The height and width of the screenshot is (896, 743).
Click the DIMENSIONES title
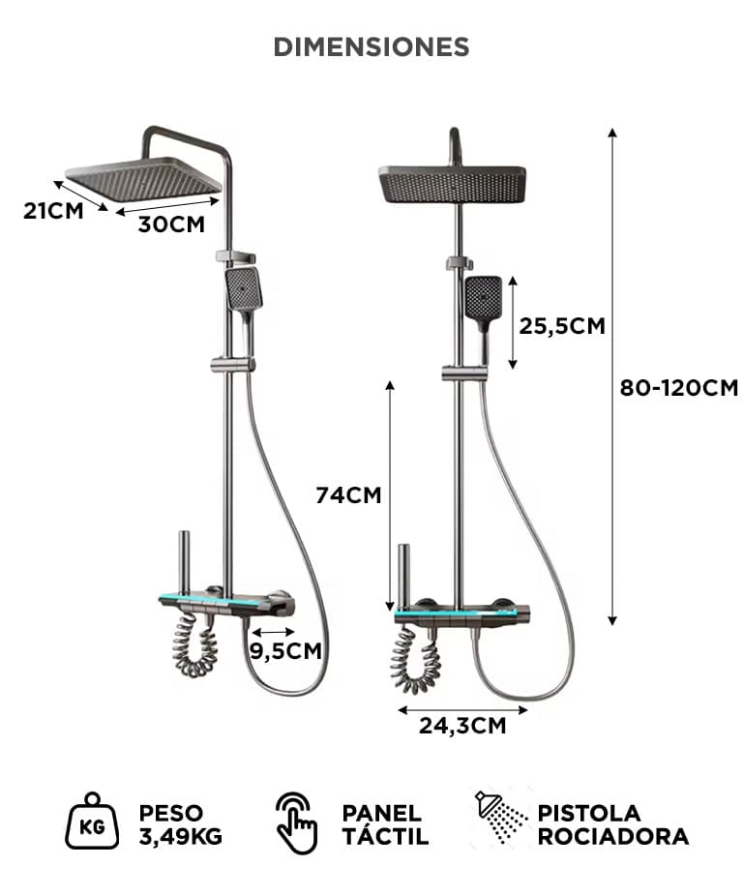pos(371,46)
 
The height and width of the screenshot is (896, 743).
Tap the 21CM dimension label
pos(53,211)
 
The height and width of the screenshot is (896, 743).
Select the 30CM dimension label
pos(171,224)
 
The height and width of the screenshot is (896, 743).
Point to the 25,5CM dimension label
pos(562,326)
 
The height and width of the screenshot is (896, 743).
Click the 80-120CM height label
pos(679,388)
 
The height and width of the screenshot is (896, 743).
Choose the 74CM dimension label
pos(348,494)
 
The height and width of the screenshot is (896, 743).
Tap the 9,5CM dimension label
pos(285,651)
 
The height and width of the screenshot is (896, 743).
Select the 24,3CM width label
pos(463,726)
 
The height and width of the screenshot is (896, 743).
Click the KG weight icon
pos(92,821)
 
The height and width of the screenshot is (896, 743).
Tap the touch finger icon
pos(296,822)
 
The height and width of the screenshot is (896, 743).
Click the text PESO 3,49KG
pos(181,824)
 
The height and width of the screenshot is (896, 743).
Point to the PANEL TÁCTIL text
pos(385,823)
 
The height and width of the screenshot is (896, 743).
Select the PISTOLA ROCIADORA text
pos(613,824)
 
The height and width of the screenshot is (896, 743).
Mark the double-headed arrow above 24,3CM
pos(462,710)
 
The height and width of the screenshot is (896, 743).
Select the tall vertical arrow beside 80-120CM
pos(612,376)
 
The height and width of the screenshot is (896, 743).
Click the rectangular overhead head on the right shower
pos(452,184)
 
